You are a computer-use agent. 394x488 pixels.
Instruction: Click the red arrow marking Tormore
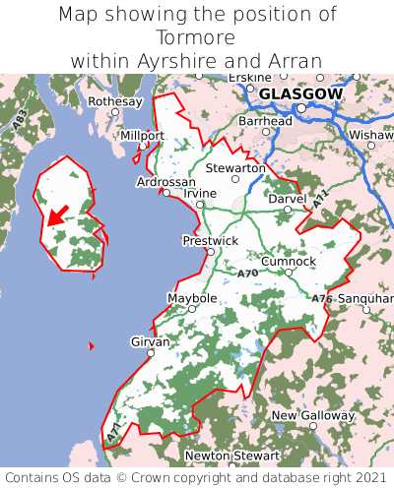pos(58,213)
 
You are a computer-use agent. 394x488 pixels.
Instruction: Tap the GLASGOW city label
pos(301,93)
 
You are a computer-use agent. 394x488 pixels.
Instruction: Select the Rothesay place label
pos(115,101)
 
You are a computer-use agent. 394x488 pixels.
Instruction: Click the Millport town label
pos(142,135)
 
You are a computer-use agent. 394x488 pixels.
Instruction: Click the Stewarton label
pos(235,168)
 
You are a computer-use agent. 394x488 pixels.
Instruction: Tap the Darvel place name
pos(288,199)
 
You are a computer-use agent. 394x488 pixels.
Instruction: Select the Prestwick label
pos(211,240)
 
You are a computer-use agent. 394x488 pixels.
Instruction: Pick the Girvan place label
pos(151,341)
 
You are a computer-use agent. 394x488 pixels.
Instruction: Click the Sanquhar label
pos(365,297)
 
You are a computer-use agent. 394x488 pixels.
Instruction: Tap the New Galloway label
pos(312,415)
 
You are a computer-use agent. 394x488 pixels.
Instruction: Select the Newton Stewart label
pos(233,456)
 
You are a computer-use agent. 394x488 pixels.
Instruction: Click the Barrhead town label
pos(265,121)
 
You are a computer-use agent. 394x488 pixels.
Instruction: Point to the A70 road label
pos(247,273)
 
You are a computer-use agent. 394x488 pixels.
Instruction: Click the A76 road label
pos(322,298)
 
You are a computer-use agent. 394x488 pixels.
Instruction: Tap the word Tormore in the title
pos(196,37)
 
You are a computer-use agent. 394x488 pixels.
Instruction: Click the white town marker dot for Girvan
pos(151,352)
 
